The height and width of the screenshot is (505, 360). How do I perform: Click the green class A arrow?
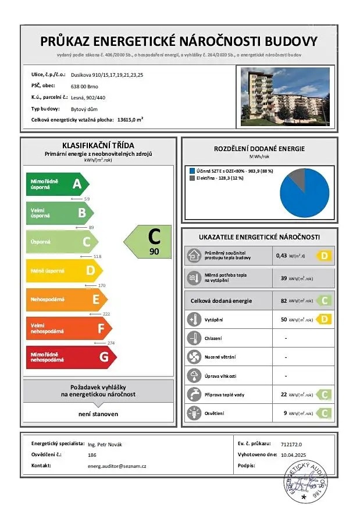pyautogui.click(x=57, y=185)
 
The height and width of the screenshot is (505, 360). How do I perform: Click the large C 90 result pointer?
pyautogui.click(x=149, y=242)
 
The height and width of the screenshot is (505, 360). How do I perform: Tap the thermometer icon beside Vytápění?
pyautogui.click(x=194, y=318)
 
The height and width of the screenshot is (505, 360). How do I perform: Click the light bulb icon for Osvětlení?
pyautogui.click(x=194, y=413)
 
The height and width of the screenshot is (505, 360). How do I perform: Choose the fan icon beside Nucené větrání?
pyautogui.click(x=194, y=357)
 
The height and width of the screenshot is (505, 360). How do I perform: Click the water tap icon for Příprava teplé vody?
pyautogui.click(x=194, y=395)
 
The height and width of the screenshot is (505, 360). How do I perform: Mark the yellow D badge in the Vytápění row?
pyautogui.click(x=323, y=318)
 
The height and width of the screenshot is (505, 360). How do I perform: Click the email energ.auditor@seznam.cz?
pyautogui.click(x=116, y=466)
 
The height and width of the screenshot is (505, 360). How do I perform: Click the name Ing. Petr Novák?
pyautogui.click(x=105, y=444)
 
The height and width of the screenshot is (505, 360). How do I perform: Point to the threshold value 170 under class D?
pyautogui.click(x=102, y=285)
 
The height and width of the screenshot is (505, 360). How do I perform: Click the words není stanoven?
pyautogui.click(x=98, y=414)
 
